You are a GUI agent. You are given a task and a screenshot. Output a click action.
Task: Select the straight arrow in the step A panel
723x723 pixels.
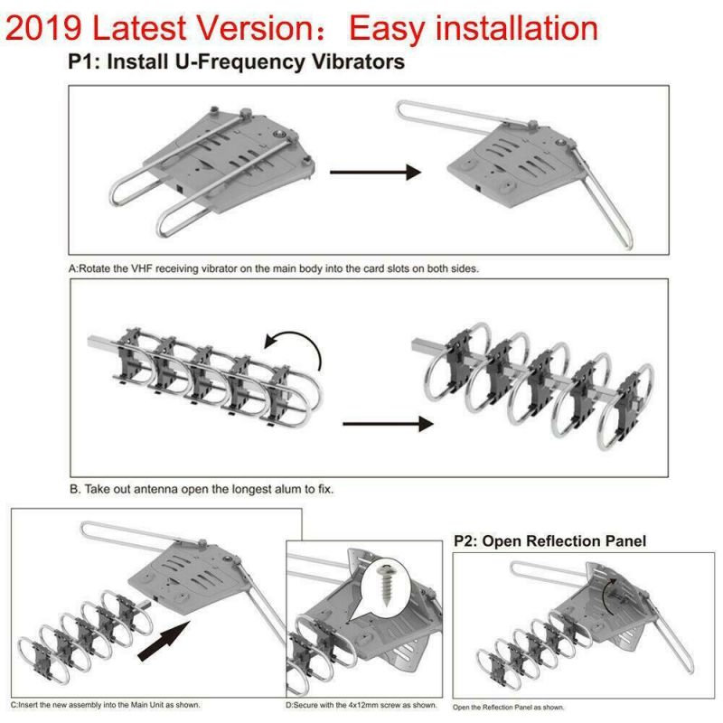click(376, 172)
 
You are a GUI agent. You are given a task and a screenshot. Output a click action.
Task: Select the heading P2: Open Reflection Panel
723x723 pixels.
click(549, 541)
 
